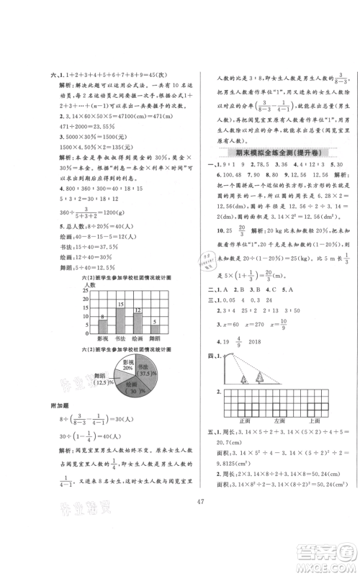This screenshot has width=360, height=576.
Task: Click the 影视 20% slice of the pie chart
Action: point(108,364)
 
